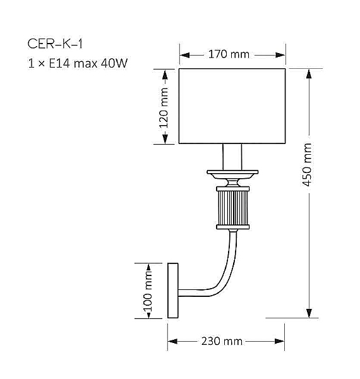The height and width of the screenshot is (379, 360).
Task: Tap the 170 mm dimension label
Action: coord(229,54)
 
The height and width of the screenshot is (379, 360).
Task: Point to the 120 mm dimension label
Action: coord(164,107)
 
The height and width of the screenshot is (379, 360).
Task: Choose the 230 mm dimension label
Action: coord(222,341)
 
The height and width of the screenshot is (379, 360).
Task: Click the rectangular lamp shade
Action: coord(233,106)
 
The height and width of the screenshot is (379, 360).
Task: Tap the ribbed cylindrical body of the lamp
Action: coord(232,208)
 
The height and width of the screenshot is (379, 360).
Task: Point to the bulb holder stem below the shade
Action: coord(232,157)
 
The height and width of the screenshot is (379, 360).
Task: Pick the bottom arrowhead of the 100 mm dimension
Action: coord(148,315)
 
